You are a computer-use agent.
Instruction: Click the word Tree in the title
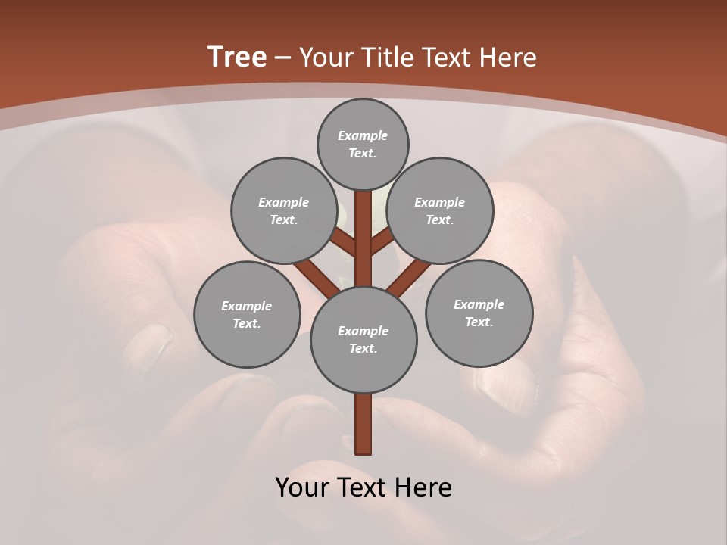237,57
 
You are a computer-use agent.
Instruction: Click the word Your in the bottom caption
303,487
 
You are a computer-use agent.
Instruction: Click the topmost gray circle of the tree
363,144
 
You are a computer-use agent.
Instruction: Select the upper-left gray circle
283,210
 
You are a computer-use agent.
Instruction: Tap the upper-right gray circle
440,210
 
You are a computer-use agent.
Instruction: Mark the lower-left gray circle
247,314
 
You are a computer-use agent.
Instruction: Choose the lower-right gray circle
479,313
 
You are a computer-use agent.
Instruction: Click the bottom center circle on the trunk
363,340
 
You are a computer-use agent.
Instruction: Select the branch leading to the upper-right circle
382,243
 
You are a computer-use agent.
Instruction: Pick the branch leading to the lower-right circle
409,278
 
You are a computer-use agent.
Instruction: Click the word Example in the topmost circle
363,135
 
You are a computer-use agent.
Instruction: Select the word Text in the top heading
448,58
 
